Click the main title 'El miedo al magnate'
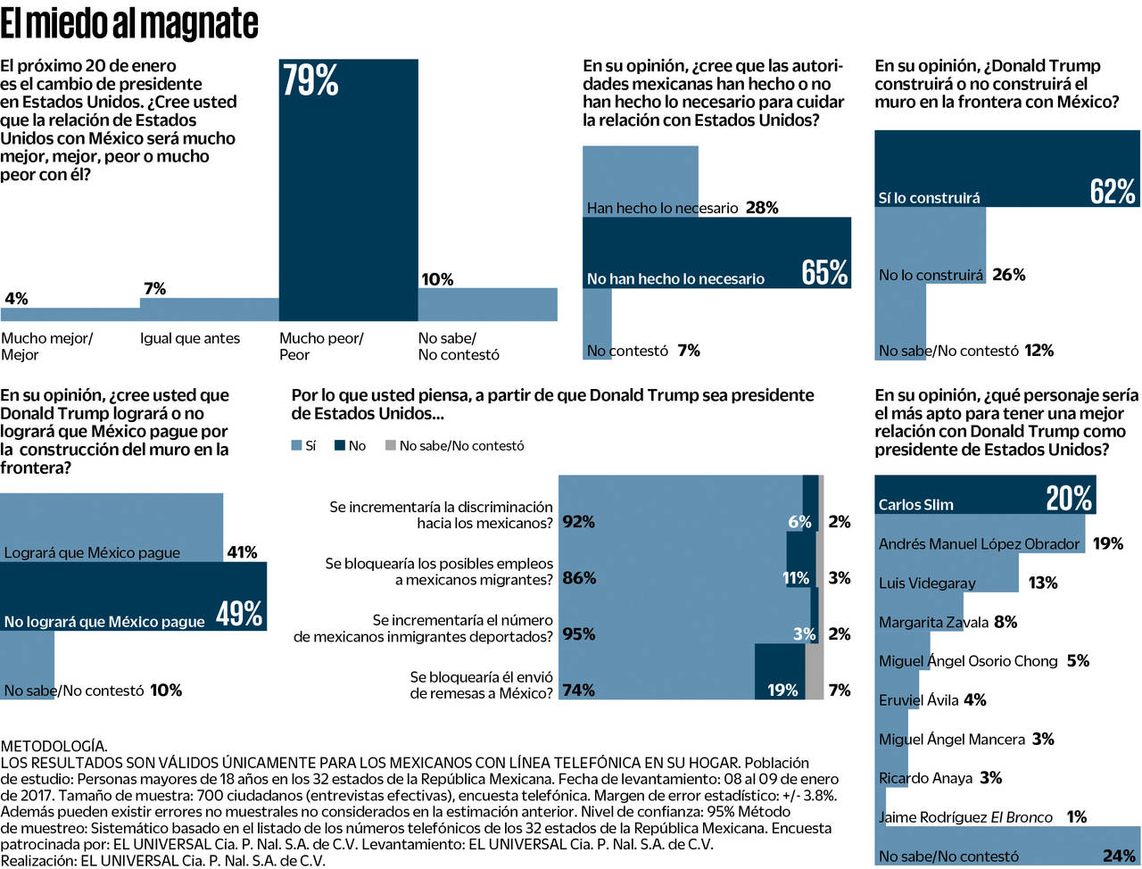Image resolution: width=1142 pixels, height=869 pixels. click(129, 23)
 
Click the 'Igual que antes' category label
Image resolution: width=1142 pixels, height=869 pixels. click(190, 338)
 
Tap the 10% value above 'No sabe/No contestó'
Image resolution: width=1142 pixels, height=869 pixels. click(437, 279)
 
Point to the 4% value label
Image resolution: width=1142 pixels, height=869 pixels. click(16, 298)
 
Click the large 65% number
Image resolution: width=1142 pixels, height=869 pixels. click(824, 272)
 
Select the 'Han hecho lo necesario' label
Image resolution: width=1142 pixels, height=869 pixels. click(662, 208)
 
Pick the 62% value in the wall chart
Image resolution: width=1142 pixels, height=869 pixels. click(1113, 191)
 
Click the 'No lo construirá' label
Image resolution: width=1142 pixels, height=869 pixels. click(931, 275)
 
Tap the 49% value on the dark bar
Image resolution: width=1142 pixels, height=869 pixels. click(239, 614)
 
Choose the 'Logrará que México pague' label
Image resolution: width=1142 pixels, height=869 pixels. click(92, 552)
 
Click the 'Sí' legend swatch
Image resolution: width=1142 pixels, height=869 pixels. click(297, 445)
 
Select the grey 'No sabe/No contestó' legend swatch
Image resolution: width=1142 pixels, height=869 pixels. click(390, 445)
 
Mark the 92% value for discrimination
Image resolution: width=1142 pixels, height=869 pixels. click(579, 522)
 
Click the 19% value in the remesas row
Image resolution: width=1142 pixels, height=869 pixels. click(782, 690)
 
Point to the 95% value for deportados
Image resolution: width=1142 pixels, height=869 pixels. click(579, 634)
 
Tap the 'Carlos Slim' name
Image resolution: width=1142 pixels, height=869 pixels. click(915, 504)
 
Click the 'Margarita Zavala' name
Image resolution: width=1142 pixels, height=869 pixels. click(933, 622)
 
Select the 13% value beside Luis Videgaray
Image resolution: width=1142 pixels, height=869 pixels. click(1043, 583)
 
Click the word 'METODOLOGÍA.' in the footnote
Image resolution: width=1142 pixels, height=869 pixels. click(54, 746)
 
